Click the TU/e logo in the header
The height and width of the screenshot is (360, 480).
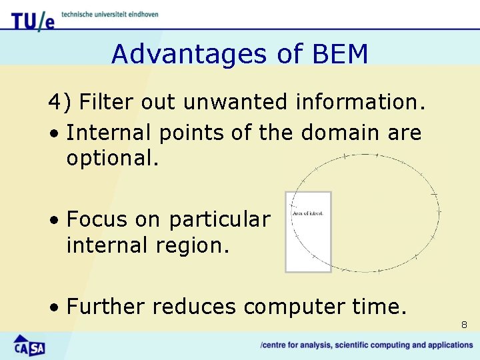point(32,20)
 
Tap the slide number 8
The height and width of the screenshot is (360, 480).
point(464,325)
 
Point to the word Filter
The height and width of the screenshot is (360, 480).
point(107,103)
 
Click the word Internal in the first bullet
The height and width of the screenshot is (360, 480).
point(108,133)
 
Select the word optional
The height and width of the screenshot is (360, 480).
point(113,159)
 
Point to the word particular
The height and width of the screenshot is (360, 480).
point(219,219)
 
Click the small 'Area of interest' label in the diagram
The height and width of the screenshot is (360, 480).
point(307,213)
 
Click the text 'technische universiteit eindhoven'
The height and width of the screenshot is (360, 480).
point(110,15)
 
